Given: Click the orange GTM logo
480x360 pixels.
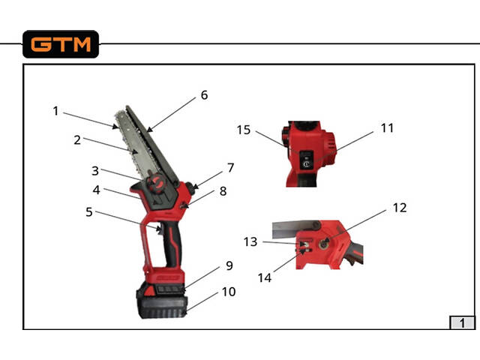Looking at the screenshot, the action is click(x=61, y=44).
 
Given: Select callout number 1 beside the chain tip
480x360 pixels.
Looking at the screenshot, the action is click(x=55, y=111).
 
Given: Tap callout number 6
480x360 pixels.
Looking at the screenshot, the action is click(x=204, y=95).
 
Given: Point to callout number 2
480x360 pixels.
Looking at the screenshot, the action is click(x=77, y=140).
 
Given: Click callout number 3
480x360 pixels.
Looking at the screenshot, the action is click(x=95, y=171).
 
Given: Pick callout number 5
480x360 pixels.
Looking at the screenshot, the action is click(x=89, y=211).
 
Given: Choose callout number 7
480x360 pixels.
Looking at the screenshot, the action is click(x=231, y=168).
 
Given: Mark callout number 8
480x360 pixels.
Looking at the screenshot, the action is click(x=223, y=191).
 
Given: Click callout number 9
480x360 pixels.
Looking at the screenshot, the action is click(x=229, y=265).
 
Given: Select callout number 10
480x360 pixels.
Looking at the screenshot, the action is click(x=229, y=292).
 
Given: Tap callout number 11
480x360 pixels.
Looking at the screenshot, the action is click(x=387, y=128).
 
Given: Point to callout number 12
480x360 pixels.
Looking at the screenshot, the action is click(x=400, y=208).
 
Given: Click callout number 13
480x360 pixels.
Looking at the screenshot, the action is click(x=250, y=241).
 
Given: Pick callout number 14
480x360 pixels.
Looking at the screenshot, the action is click(x=265, y=278).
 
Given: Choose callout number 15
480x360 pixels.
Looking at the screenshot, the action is click(x=244, y=130).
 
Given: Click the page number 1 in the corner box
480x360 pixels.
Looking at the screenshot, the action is click(x=462, y=323).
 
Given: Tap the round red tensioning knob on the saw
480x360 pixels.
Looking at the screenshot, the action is click(x=156, y=183).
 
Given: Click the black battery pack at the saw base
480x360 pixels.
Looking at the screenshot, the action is click(x=161, y=300).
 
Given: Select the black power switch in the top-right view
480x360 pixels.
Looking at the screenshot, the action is click(x=307, y=159).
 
